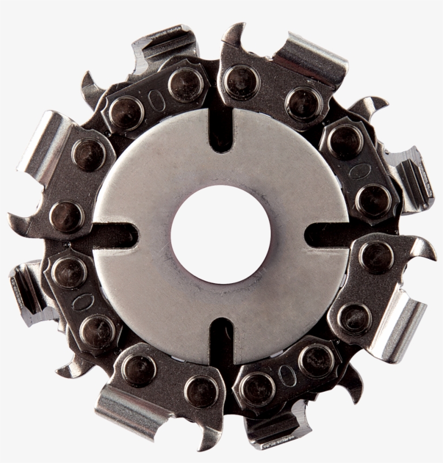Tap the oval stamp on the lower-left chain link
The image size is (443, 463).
[x=82, y=301]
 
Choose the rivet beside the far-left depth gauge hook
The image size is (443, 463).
[x=66, y=216]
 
